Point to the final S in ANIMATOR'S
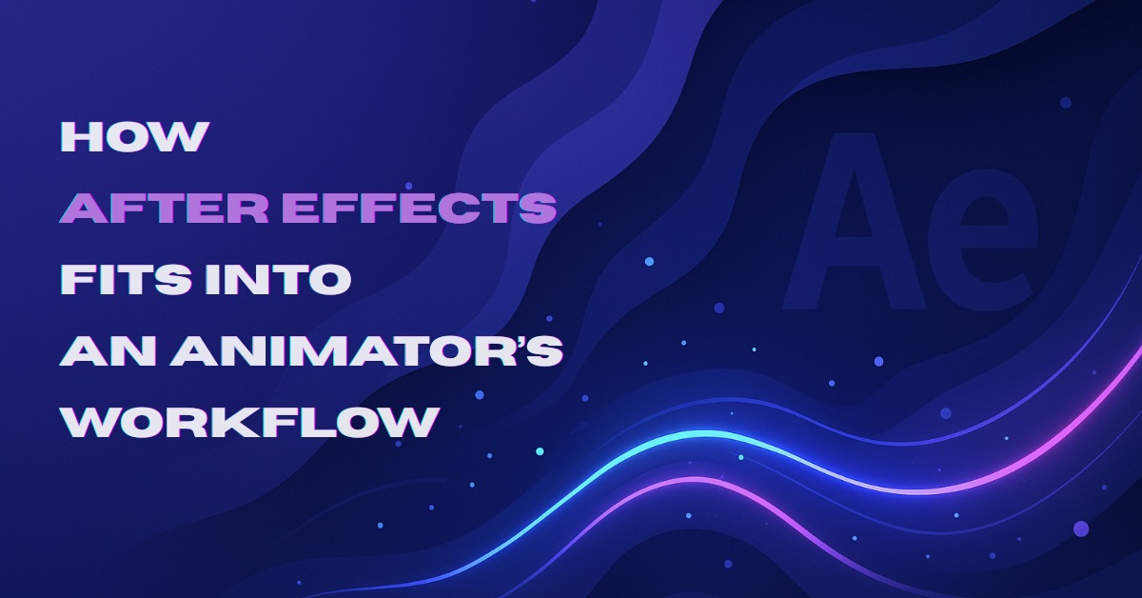coord(542,350)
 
